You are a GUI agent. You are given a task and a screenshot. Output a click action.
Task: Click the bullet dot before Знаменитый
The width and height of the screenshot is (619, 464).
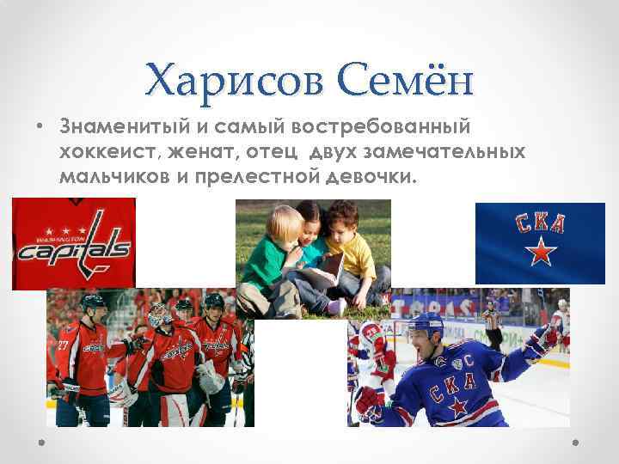click(x=40, y=128)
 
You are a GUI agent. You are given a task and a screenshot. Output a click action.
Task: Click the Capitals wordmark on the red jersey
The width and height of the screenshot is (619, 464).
click(x=74, y=249)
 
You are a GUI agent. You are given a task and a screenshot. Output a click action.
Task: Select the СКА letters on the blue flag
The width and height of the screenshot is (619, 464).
click(x=540, y=224)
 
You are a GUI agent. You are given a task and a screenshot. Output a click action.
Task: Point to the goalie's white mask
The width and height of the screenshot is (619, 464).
click(x=157, y=317)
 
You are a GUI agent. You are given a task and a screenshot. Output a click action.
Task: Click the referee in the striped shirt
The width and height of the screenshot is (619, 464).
click(x=493, y=322)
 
